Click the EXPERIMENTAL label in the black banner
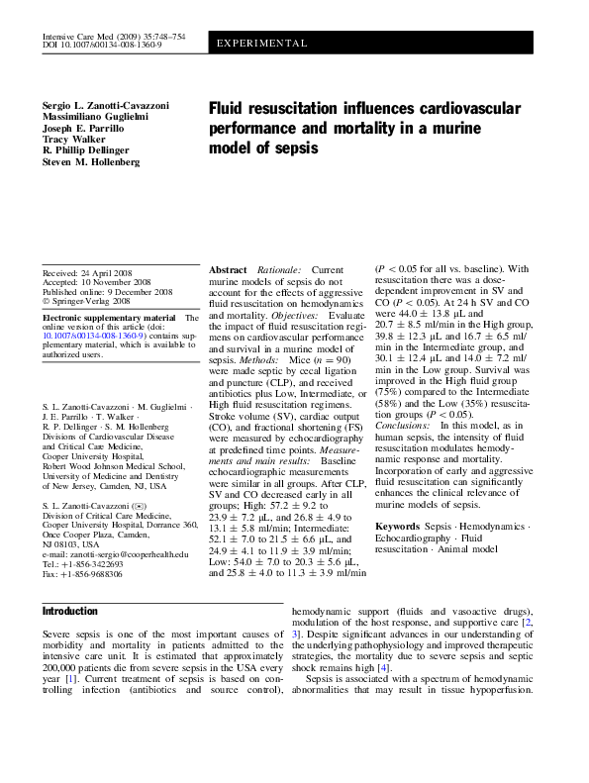click(x=262, y=45)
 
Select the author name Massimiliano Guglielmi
click(x=97, y=116)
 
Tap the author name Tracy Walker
click(x=72, y=139)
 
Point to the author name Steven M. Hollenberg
click(x=91, y=161)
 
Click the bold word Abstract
click(x=228, y=269)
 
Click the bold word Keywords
click(x=398, y=526)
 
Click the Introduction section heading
click(x=70, y=611)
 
